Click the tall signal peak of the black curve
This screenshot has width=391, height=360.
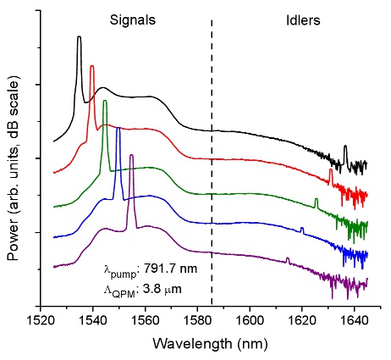click(x=79, y=38)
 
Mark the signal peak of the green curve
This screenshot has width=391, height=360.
click(x=105, y=102)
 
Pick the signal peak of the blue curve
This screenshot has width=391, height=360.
click(x=118, y=129)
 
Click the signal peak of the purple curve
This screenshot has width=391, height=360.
click(x=131, y=156)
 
